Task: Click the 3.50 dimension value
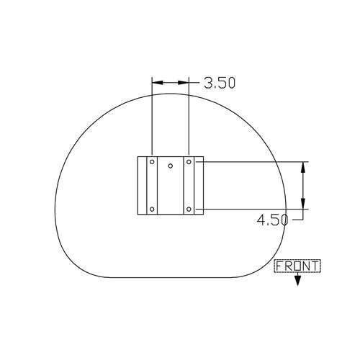[x=220, y=83]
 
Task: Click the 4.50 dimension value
[x=272, y=220]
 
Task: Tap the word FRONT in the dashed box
[x=297, y=266]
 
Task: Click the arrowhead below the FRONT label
[x=297, y=280]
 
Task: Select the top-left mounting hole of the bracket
[x=152, y=162]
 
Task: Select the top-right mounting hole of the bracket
[x=189, y=162]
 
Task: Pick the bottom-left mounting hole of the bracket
[x=152, y=210]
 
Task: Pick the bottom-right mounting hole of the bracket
[x=189, y=210]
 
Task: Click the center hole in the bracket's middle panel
[x=171, y=166]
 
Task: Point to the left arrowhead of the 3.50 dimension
[x=158, y=83]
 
